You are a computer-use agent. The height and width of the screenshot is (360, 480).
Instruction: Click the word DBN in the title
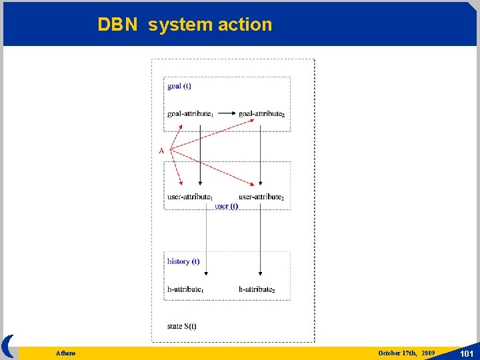(x=117, y=25)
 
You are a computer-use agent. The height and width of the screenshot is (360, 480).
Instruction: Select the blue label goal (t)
(x=179, y=85)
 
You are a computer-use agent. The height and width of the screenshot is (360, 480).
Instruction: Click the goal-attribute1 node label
(x=190, y=114)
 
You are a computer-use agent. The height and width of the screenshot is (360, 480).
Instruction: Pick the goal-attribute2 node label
(x=261, y=114)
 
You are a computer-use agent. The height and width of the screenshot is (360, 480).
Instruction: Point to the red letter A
(x=161, y=151)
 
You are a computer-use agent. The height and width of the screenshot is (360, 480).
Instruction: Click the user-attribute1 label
(x=190, y=197)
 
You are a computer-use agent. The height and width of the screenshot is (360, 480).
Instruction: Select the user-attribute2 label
(x=261, y=197)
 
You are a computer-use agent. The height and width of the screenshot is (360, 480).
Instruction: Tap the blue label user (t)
(x=226, y=207)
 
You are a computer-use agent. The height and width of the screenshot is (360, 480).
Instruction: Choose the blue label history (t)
(x=183, y=261)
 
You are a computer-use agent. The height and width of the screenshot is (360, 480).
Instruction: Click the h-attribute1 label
(x=185, y=289)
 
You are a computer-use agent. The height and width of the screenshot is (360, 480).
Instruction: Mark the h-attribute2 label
(x=257, y=289)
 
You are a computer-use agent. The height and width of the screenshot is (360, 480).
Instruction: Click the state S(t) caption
(x=182, y=326)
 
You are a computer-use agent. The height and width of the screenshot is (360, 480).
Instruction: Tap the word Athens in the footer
(x=66, y=353)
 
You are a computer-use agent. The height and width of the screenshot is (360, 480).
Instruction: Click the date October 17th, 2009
(x=407, y=353)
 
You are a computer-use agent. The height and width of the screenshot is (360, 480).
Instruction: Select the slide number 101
(x=466, y=353)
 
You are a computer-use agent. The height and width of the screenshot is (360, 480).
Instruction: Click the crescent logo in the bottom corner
(x=8, y=347)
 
